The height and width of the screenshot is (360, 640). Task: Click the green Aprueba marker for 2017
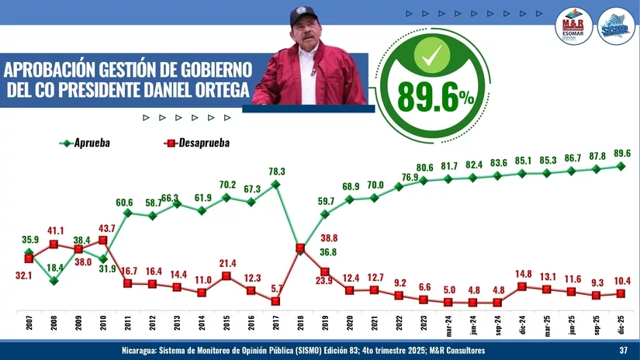point(275,185)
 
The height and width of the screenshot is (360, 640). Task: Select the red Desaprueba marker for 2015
point(226,275)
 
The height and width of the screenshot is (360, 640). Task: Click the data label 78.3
point(277,171)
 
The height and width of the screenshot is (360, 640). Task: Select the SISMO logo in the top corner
point(615,25)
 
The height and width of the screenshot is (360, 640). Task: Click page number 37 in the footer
point(623,351)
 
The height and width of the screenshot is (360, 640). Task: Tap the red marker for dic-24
point(522,286)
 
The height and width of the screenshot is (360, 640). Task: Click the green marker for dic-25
point(621,165)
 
